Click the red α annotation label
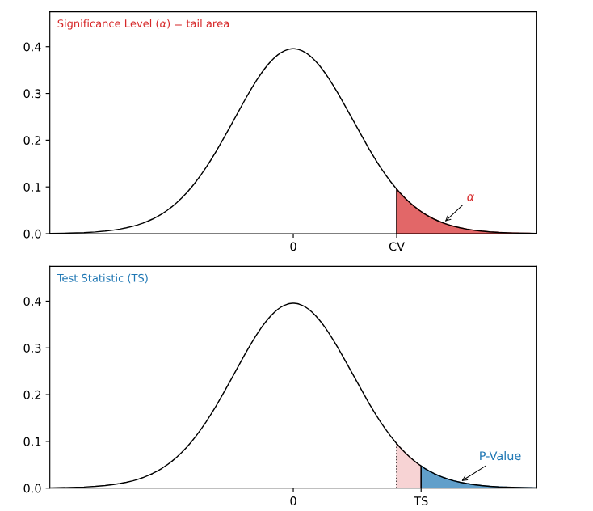tap(470, 197)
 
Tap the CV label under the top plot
tap(397, 247)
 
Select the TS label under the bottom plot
tap(421, 501)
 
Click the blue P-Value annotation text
tap(499, 456)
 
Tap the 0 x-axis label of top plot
tap(293, 247)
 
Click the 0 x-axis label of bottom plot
tap(293, 501)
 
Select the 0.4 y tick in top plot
tap(32, 47)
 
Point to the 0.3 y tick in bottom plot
tap(32, 348)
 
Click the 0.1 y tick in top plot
tap(32, 187)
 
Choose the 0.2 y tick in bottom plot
tap(32, 395)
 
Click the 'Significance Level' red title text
tap(143, 23)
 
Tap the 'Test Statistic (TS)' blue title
tap(103, 278)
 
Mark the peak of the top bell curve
tap(292, 49)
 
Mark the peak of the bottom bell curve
tap(292, 303)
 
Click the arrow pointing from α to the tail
tap(454, 213)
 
